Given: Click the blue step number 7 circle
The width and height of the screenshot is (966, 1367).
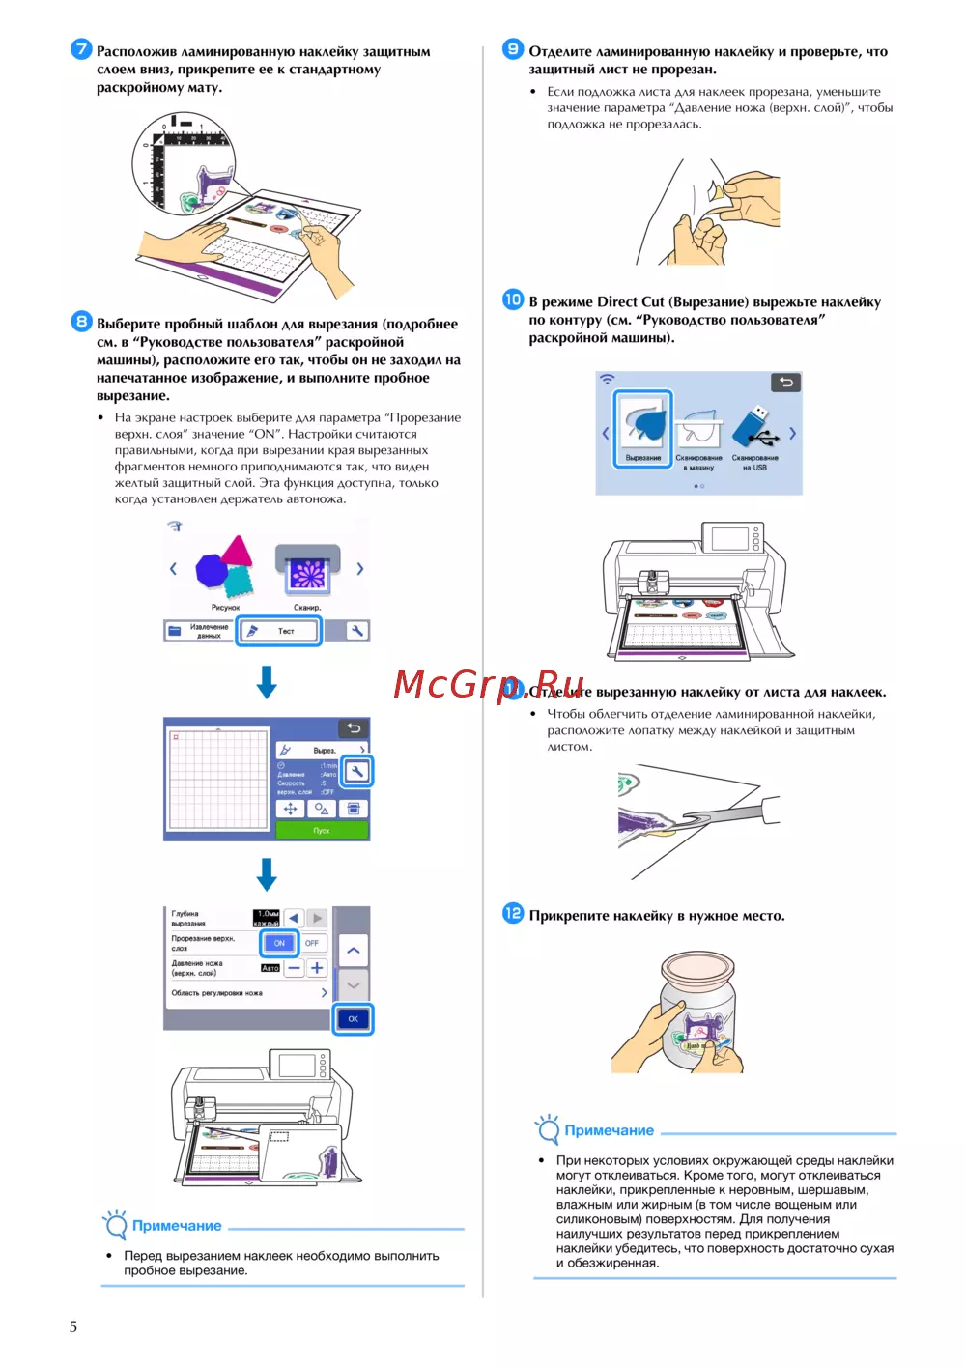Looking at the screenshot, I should coord(81,49).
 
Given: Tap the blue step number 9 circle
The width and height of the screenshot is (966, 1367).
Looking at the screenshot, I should coord(513,49).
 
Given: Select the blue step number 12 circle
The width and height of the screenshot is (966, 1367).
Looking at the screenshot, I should coord(513,913).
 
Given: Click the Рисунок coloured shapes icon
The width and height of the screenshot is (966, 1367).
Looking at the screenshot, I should coord(224,570).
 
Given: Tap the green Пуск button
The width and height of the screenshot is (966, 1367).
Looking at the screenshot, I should coord(322,830).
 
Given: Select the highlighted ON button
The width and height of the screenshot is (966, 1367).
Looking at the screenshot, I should coord(279,943).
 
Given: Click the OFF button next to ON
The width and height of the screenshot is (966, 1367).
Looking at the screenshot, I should coord(312,943).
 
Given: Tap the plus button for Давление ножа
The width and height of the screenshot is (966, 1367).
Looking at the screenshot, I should coord(317,968).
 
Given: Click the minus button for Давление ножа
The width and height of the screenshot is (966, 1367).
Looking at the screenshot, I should coord(294,968).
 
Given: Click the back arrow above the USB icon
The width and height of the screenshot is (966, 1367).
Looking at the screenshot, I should coord(786,383).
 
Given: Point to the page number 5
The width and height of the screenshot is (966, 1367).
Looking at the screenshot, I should coord(73,1326).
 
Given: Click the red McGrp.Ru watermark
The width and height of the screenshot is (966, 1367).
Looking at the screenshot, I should coord(489,684).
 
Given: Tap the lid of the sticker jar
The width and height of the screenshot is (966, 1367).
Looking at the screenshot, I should coord(697,967).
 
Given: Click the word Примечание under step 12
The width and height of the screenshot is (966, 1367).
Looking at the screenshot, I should coord(609,1130).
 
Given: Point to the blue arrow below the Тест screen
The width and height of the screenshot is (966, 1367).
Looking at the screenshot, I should coord(267,681).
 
